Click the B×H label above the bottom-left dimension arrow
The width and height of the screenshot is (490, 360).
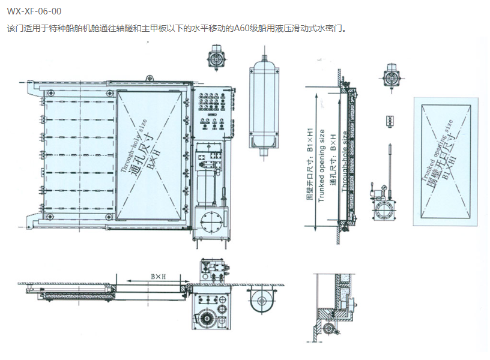point(157,277)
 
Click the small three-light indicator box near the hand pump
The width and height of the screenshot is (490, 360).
point(390,121)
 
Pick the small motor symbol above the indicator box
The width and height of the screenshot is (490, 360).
point(390,78)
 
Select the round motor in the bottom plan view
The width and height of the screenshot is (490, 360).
point(260,299)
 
